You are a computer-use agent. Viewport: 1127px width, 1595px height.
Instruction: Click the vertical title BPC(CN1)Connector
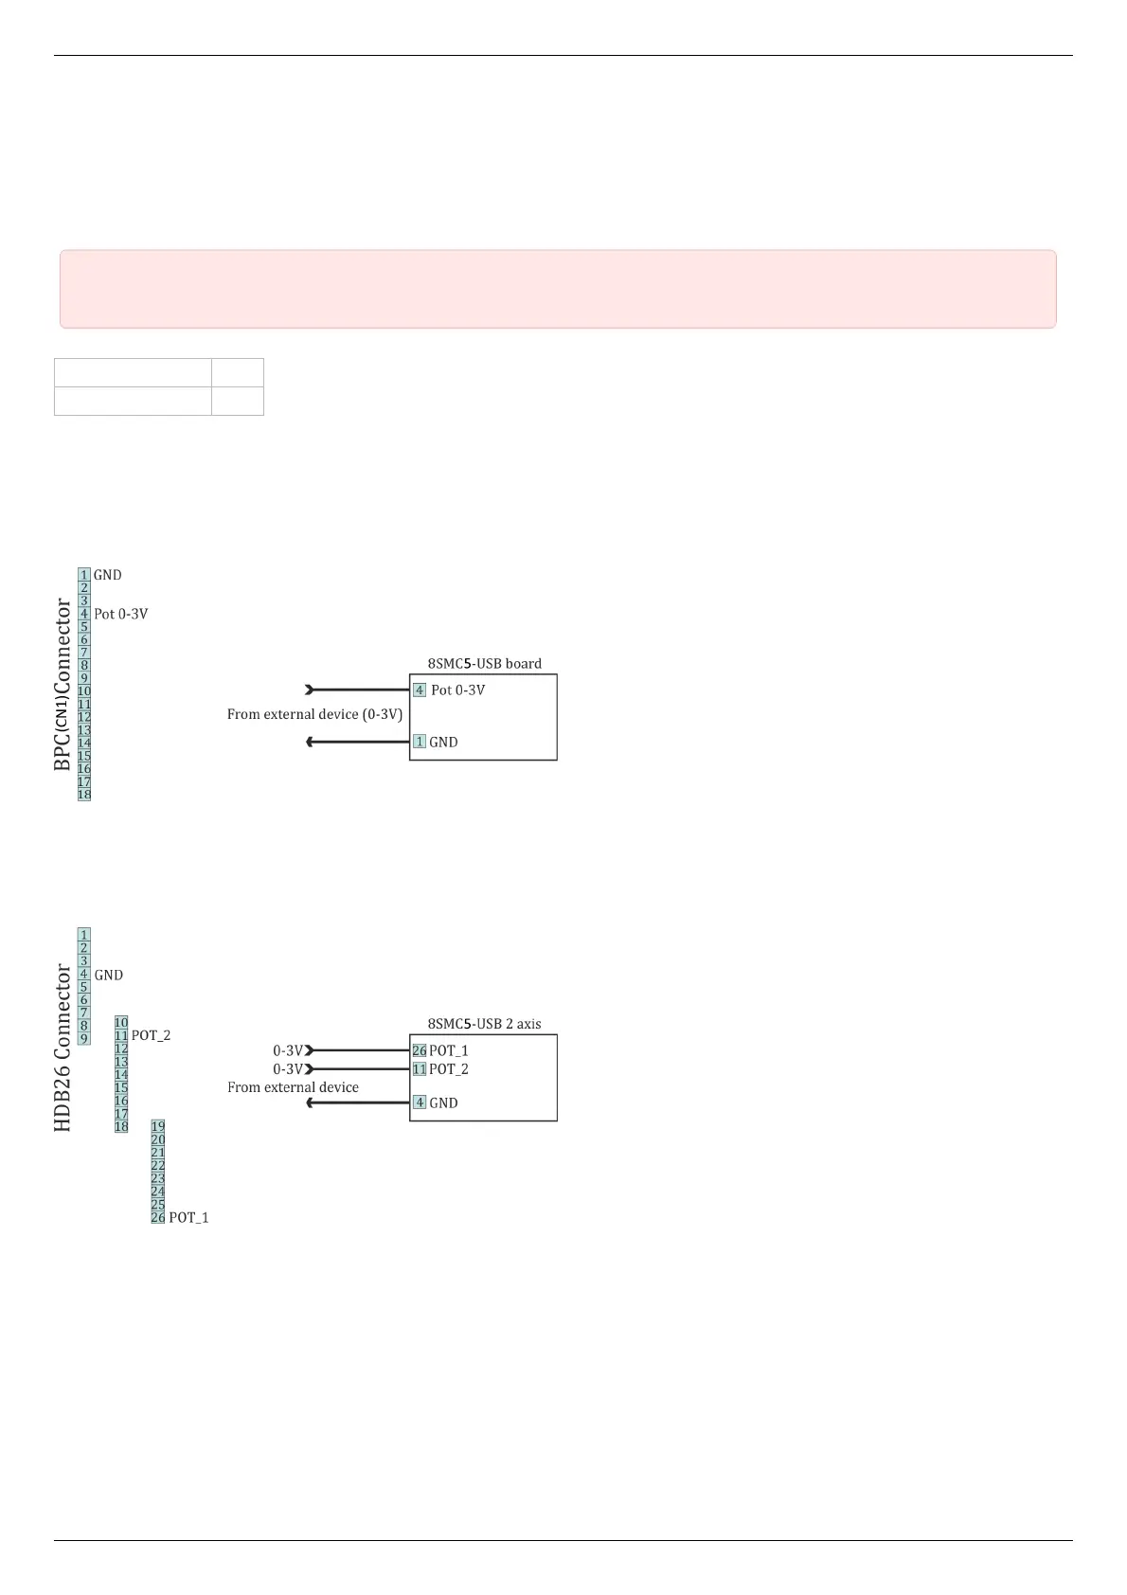(x=63, y=684)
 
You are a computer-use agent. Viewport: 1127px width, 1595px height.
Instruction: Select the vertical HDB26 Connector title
(x=63, y=1048)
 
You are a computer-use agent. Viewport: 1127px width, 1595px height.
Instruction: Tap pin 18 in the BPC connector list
(x=84, y=795)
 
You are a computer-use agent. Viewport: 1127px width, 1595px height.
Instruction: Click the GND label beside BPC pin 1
(x=107, y=575)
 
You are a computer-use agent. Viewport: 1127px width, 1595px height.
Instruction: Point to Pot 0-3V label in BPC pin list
(x=120, y=614)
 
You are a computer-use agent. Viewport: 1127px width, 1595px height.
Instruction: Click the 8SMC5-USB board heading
(x=484, y=663)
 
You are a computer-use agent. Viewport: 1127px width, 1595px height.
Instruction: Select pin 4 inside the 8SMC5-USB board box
(x=420, y=690)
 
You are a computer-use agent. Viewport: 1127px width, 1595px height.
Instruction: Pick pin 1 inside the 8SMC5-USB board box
(x=420, y=742)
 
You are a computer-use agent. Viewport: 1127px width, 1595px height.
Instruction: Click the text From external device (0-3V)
(x=314, y=714)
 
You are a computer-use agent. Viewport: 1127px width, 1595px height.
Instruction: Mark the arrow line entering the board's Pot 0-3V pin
(x=357, y=690)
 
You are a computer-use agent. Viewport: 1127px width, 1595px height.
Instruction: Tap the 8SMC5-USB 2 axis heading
(x=484, y=1024)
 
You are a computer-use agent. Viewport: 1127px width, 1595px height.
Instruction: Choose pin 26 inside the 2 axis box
(x=420, y=1050)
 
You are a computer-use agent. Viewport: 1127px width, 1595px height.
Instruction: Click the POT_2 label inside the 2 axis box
(x=448, y=1069)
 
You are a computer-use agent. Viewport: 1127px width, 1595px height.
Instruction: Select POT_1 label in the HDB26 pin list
(x=188, y=1217)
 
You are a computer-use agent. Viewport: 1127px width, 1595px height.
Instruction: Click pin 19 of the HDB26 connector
(x=158, y=1127)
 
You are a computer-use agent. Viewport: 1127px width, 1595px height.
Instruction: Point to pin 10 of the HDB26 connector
(x=121, y=1023)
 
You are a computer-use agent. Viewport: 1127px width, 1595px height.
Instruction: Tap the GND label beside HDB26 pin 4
(x=108, y=975)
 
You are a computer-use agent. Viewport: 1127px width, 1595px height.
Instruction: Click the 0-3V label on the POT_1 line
(x=288, y=1050)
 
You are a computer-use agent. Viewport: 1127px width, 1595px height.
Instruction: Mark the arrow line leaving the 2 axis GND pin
(x=357, y=1102)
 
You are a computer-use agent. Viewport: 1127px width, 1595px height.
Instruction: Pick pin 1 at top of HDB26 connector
(x=84, y=935)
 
